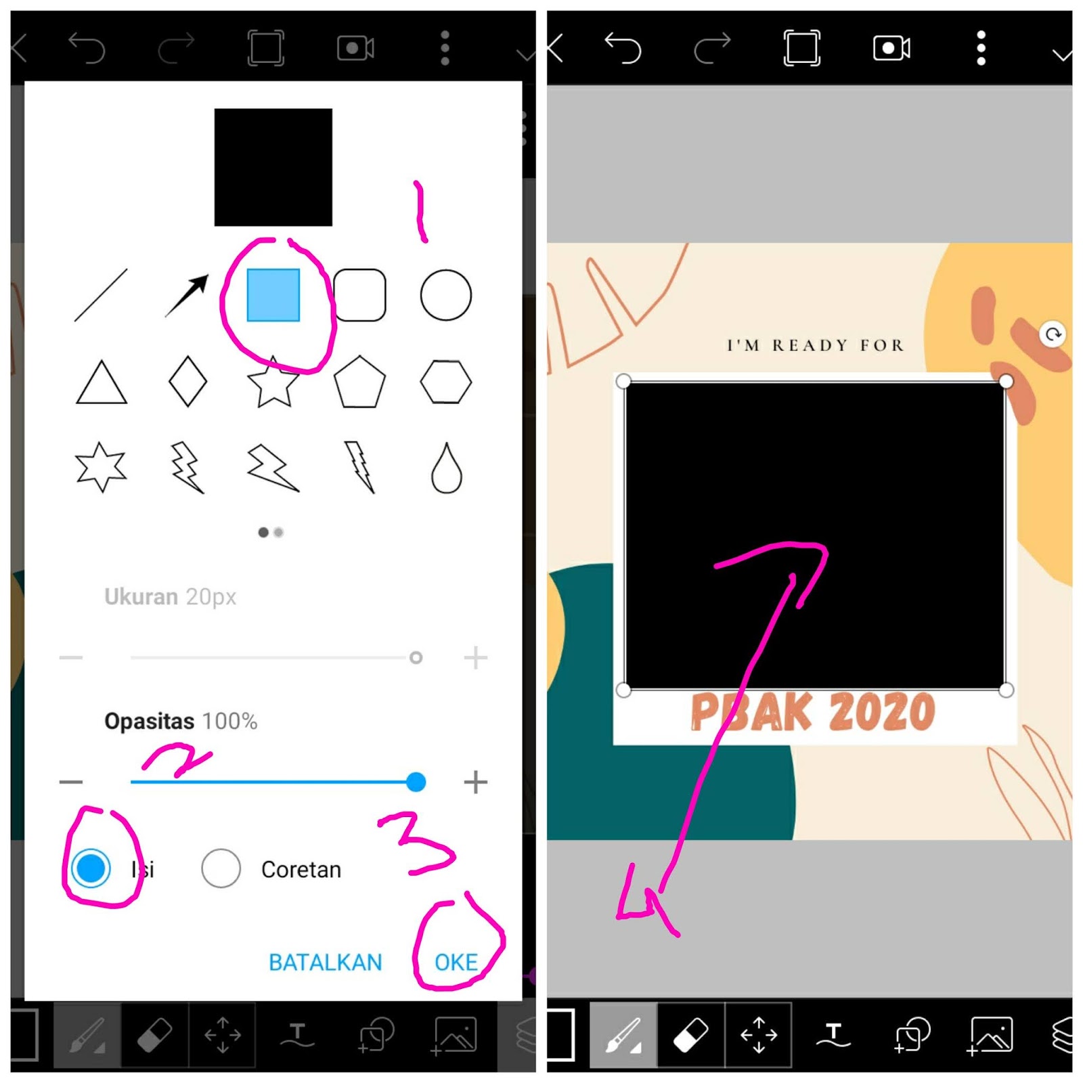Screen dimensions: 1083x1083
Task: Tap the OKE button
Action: click(456, 962)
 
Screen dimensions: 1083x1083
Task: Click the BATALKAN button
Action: click(325, 962)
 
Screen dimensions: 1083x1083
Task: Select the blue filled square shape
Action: click(273, 295)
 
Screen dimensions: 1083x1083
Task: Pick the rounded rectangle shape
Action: click(359, 295)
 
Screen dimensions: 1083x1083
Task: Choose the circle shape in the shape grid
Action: click(445, 295)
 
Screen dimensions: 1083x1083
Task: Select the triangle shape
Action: click(101, 383)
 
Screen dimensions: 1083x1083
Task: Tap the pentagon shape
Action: click(359, 382)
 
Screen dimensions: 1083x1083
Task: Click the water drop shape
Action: click(446, 468)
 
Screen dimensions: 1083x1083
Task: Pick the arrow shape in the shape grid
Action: click(187, 295)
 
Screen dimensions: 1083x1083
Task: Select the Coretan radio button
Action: click(221, 868)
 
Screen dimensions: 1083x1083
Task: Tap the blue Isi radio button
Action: click(91, 868)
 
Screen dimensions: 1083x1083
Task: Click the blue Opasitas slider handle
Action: click(416, 782)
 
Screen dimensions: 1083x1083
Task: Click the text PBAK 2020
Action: click(812, 712)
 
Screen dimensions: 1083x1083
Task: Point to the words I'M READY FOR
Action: click(815, 345)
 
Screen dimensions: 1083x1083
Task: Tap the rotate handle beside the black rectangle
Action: click(1053, 334)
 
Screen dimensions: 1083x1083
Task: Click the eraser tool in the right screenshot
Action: click(690, 1035)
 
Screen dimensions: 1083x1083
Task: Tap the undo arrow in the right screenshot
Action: click(623, 49)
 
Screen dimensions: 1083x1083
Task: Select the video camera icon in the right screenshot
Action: click(891, 49)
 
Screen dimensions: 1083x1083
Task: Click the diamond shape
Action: click(187, 382)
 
